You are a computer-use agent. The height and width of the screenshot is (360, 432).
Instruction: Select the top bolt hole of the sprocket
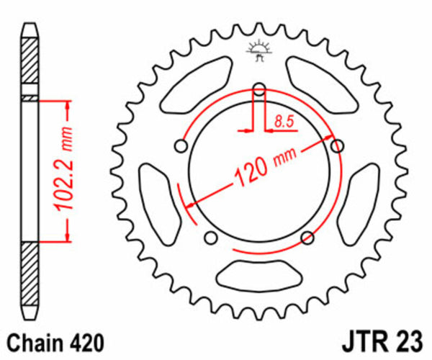pos(259,90)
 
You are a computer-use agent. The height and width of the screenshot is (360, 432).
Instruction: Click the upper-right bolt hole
pos(336,146)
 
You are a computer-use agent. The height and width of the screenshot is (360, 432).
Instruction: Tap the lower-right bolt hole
pos(307,237)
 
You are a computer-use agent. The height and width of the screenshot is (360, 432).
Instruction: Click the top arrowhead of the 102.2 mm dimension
pos(68,108)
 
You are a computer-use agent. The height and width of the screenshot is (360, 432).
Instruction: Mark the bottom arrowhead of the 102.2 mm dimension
pos(68,234)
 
